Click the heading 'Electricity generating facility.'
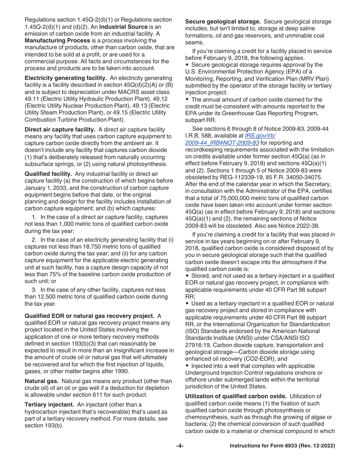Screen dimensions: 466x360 pyautogui.click(x=66, y=78)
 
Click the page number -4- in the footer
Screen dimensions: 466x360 pyautogui.click(x=180, y=446)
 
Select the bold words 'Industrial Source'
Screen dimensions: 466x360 pyautogui.click(x=124, y=27)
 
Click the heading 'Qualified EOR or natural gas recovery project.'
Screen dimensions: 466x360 pyautogui.click(x=89, y=316)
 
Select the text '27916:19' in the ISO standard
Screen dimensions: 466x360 pyautogui.click(x=197, y=345)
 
